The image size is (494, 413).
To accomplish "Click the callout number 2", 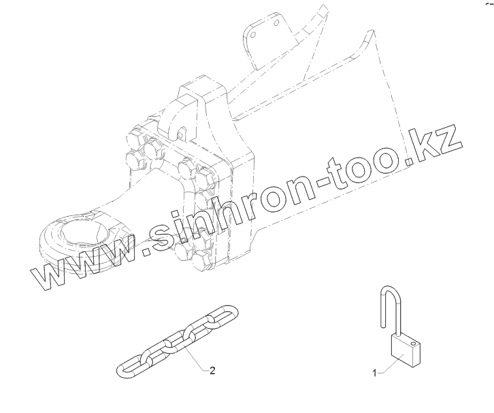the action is point(212,370).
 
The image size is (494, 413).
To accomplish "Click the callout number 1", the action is point(374,373).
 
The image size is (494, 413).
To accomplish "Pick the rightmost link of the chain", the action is point(225,315).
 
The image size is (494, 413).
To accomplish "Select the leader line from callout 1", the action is point(385,367).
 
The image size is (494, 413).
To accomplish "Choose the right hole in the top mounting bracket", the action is point(277,24).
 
